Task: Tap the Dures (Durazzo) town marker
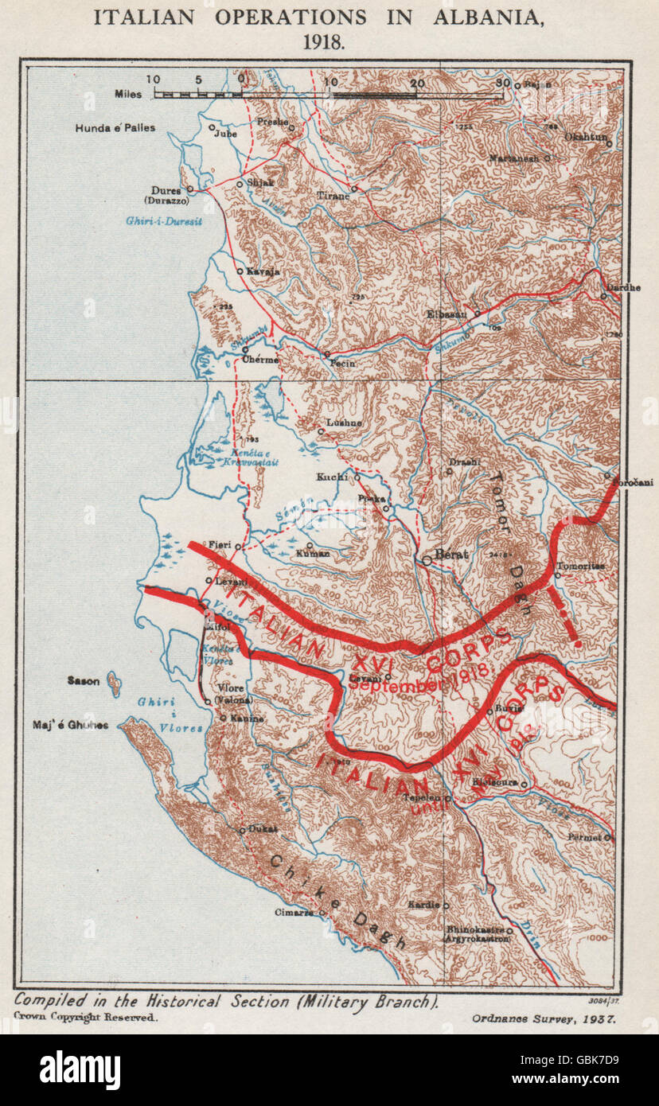(x=189, y=190)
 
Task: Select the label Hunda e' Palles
(x=115, y=128)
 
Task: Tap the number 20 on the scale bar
(x=414, y=82)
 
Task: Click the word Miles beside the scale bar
(x=128, y=94)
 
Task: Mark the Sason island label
(x=84, y=681)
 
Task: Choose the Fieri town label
(x=220, y=544)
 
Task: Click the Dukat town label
(x=263, y=828)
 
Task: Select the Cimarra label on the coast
(x=293, y=913)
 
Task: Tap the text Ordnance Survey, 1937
(x=545, y=1018)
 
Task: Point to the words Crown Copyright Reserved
(x=86, y=1017)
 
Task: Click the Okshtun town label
(x=586, y=137)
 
